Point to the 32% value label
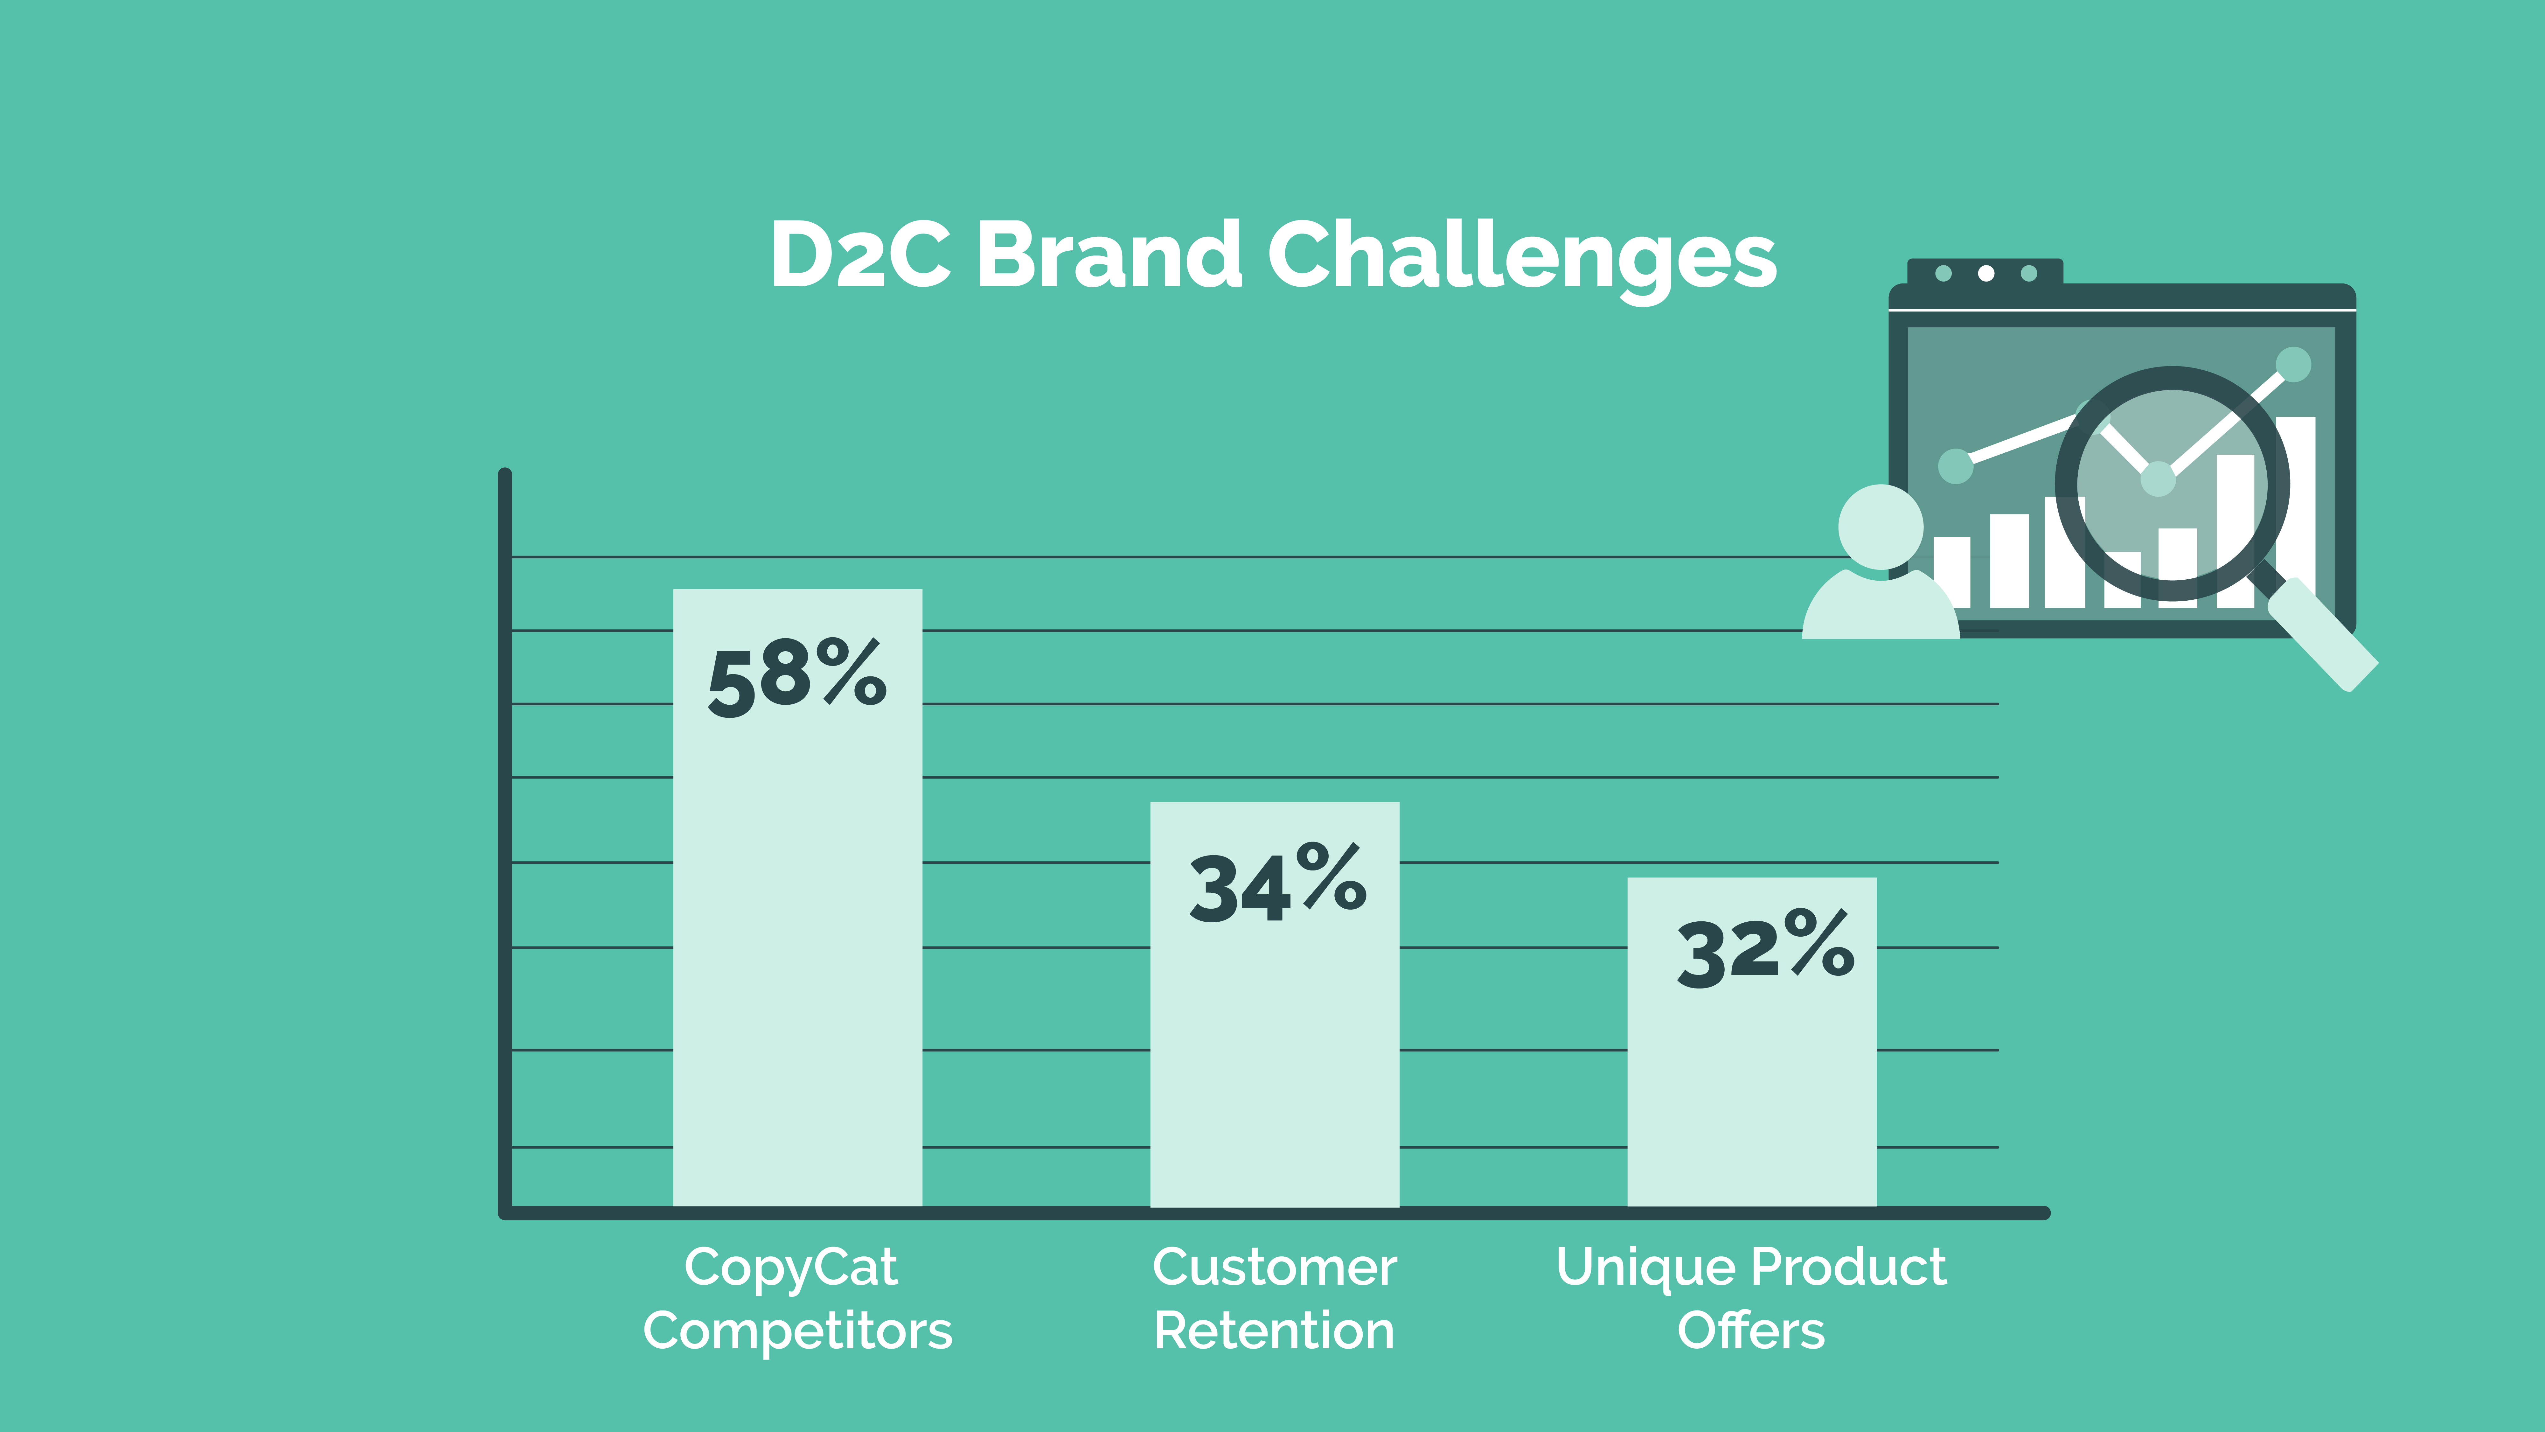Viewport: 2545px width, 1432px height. click(x=1765, y=949)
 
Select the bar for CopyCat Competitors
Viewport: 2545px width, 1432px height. click(x=797, y=898)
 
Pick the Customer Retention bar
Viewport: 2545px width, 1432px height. click(x=1275, y=1004)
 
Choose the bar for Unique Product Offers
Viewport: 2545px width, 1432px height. click(x=1752, y=1042)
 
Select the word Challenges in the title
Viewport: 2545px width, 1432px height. click(x=1521, y=259)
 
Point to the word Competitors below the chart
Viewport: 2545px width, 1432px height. click(x=797, y=1331)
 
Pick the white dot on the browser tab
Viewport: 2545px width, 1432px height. click(x=1986, y=273)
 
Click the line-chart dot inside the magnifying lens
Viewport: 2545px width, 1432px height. click(x=2158, y=479)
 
